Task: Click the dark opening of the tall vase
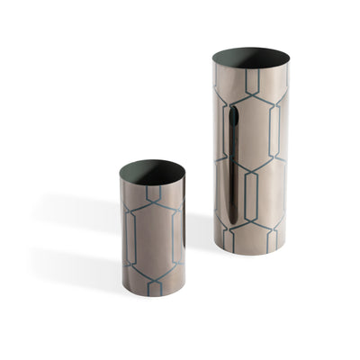251,58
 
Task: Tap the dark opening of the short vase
151,169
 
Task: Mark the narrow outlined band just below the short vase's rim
153,192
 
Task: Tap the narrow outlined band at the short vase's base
154,286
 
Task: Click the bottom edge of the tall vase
252,254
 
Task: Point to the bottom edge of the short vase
153,295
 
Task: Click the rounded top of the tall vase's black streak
233,112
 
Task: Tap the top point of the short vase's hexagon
154,202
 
